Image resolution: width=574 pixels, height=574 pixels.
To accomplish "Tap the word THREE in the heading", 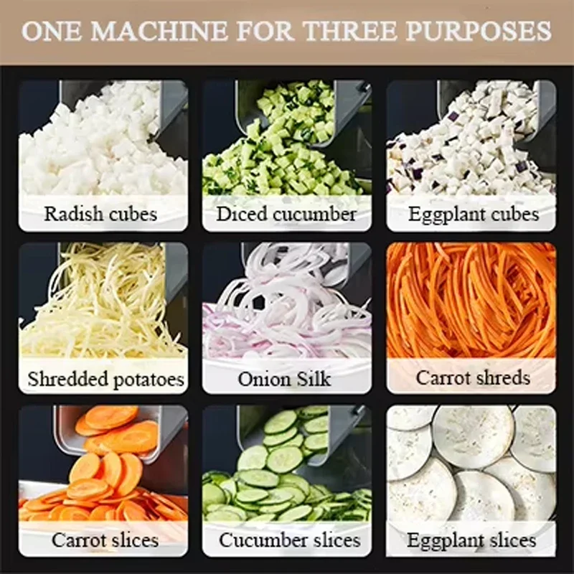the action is (x=351, y=31).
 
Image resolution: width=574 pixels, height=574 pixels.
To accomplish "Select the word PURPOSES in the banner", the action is (x=479, y=31).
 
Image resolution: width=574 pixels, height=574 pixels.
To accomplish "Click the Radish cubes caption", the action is (x=100, y=214).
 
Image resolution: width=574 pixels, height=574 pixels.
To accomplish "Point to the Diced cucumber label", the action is (x=286, y=214).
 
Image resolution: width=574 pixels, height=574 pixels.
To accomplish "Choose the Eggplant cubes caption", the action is (x=474, y=215).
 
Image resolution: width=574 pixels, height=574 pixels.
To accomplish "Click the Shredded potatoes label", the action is (x=105, y=380).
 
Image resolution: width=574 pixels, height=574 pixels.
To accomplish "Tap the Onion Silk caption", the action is (x=284, y=379).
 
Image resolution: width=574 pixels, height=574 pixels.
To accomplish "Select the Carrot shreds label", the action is (x=473, y=378).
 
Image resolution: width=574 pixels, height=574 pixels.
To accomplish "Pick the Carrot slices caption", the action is (x=105, y=540).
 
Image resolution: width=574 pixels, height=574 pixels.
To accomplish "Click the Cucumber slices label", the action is (x=290, y=540).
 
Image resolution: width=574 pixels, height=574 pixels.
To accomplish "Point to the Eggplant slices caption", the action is (x=471, y=541).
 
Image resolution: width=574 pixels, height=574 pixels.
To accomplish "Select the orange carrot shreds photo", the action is (x=471, y=300).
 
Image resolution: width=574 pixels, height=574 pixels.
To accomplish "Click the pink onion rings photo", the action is (x=288, y=304).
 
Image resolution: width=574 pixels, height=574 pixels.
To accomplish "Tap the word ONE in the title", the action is (x=52, y=31).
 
